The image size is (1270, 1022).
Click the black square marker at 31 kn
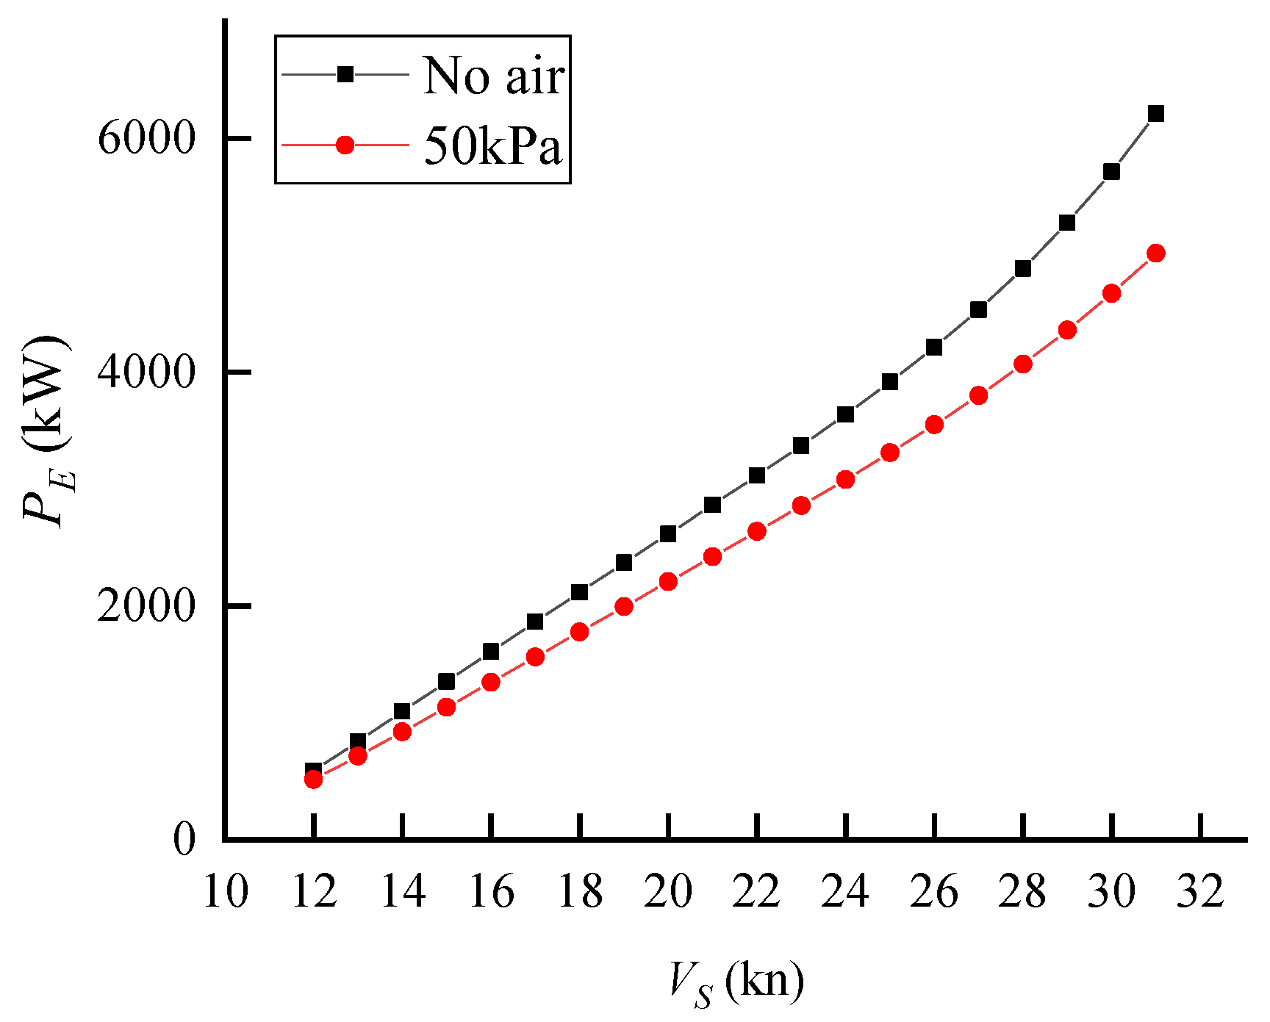pyautogui.click(x=1156, y=113)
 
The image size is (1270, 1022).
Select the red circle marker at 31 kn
pyautogui.click(x=1156, y=253)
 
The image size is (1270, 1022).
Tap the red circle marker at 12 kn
pyautogui.click(x=314, y=779)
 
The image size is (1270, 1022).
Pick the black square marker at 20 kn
pyautogui.click(x=668, y=533)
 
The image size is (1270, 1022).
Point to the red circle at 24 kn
pyautogui.click(x=846, y=480)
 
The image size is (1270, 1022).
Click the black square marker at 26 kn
pyautogui.click(x=934, y=348)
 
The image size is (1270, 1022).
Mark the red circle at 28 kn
pyautogui.click(x=1023, y=364)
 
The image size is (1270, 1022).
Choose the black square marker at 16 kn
pyautogui.click(x=491, y=651)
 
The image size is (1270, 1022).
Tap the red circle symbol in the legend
pyautogui.click(x=345, y=145)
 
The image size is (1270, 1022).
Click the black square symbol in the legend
pyautogui.click(x=345, y=74)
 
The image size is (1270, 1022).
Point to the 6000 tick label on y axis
pyautogui.click(x=146, y=138)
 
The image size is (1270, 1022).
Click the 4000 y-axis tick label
pyautogui.click(x=146, y=372)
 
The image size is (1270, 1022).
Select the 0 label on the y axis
pyautogui.click(x=184, y=839)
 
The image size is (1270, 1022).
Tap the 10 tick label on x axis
pyautogui.click(x=226, y=892)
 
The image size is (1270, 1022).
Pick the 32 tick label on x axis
pyautogui.click(x=1200, y=892)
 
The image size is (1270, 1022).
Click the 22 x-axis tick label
pyautogui.click(x=757, y=892)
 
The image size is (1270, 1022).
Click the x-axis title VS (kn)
pyautogui.click(x=735, y=982)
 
